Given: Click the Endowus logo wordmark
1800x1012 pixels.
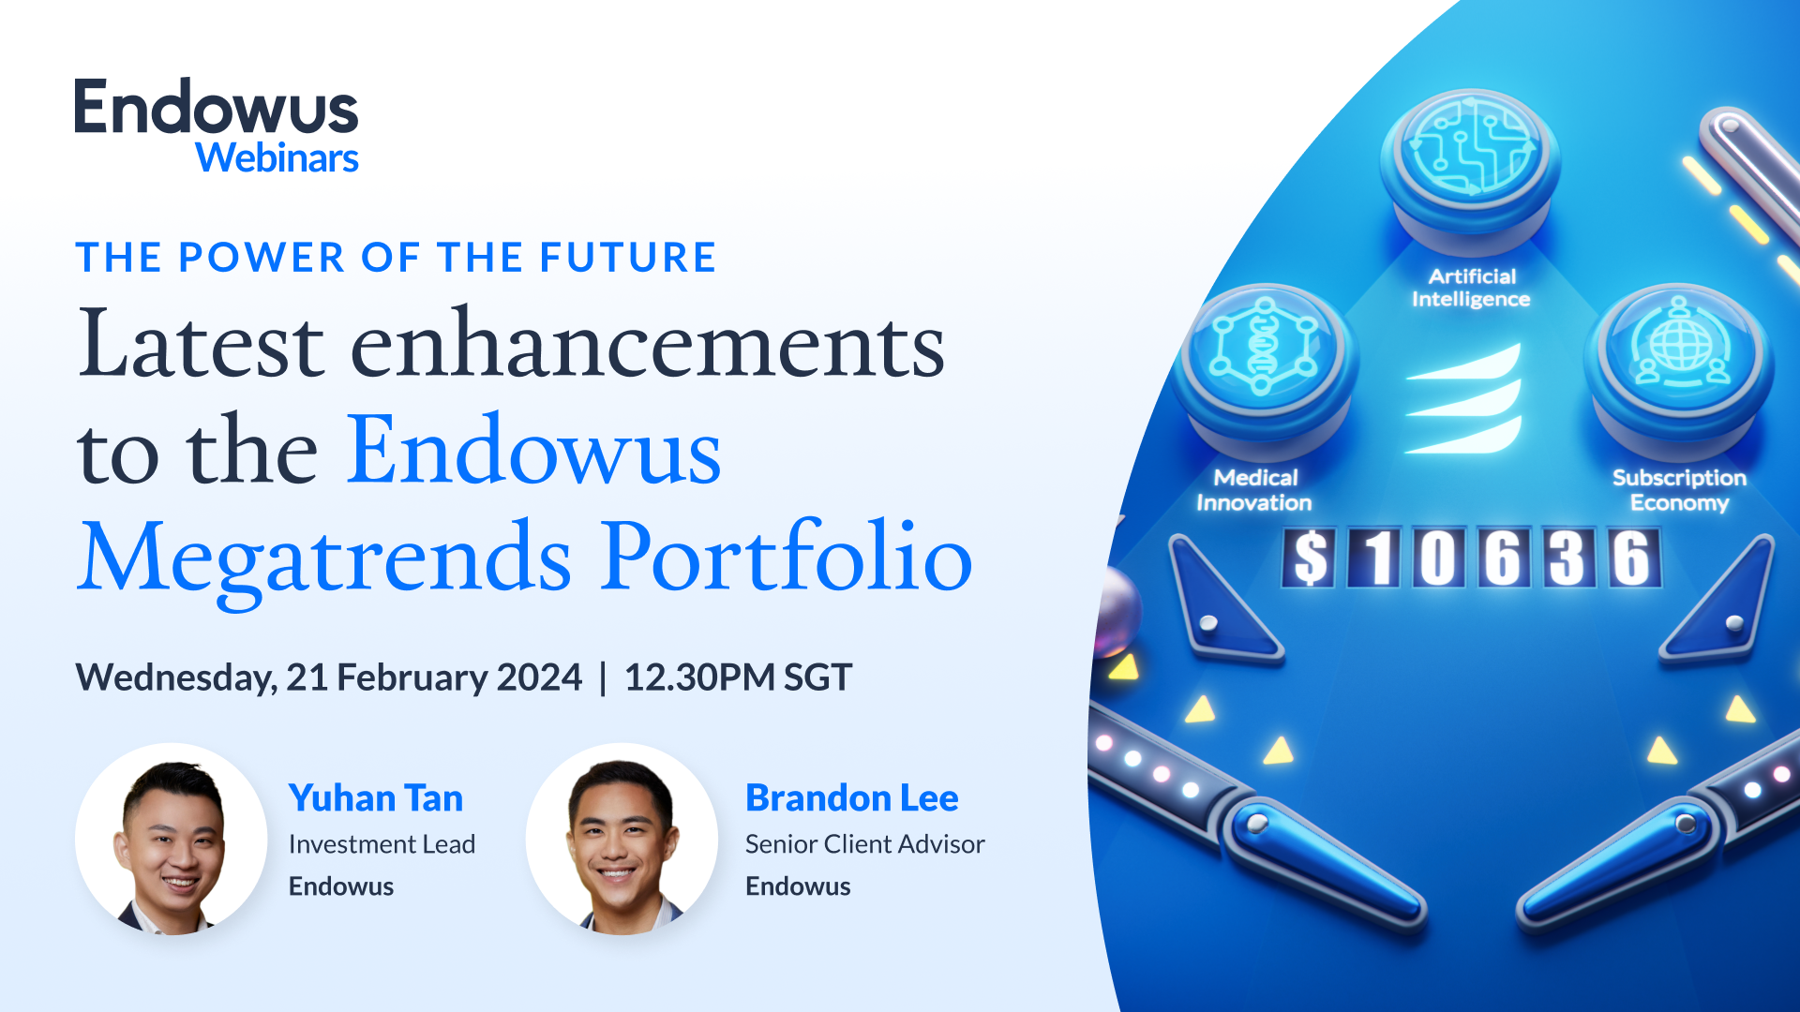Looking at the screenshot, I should (216, 108).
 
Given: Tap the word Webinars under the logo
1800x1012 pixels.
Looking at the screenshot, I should (277, 158).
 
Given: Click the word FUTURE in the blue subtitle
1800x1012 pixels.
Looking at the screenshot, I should (627, 258).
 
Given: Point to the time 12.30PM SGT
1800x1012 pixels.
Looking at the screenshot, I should (738, 677).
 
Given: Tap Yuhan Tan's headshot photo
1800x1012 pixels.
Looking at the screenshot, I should (171, 839).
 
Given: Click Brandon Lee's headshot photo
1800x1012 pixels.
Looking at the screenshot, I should (622, 839).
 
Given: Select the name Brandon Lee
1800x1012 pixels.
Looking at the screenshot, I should (851, 798).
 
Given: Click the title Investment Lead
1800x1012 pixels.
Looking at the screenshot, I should (382, 844).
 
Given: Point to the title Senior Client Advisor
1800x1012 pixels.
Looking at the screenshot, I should (864, 844).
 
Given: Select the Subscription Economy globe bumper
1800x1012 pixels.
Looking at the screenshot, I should (1679, 351).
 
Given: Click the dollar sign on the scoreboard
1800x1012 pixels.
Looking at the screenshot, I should (1311, 558).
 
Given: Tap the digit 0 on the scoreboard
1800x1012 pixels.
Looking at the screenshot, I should (1438, 558).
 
